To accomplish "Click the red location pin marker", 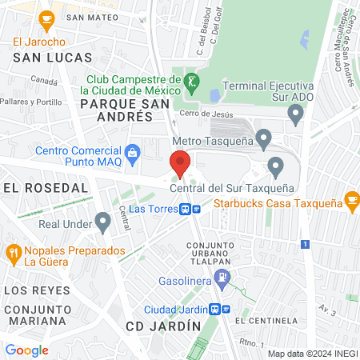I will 180,163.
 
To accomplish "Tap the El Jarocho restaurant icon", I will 46,18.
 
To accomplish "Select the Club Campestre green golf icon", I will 192,81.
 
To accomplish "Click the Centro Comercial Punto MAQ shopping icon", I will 134,150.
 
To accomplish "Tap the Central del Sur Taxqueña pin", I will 276,167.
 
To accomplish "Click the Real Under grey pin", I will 102,220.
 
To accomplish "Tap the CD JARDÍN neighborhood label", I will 162,326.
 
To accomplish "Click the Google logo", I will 27,350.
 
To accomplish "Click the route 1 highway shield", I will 304,245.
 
